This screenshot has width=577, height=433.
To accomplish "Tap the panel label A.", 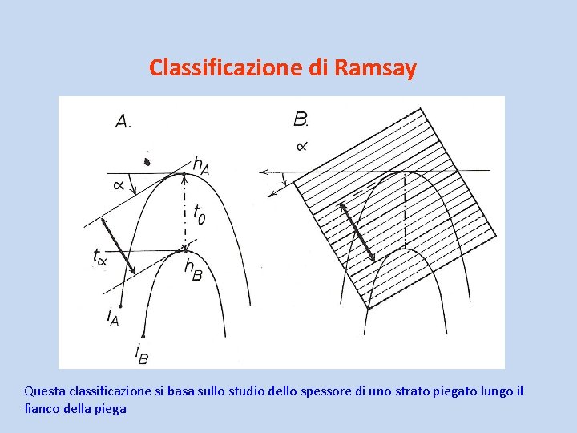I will pos(123,122).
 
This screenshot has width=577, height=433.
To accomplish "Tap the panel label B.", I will pos(301,120).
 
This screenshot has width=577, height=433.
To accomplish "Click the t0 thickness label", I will pos(198,214).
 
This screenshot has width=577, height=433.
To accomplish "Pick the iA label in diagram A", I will pos(113,317).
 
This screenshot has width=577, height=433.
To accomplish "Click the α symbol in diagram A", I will pos(119,185).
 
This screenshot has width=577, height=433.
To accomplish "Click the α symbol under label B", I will pos(301,146).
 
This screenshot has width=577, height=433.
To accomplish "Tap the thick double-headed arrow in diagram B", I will pos(359,231).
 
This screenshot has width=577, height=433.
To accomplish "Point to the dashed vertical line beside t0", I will pos(185,210).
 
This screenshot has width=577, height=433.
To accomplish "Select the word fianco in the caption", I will pos(41,408).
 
